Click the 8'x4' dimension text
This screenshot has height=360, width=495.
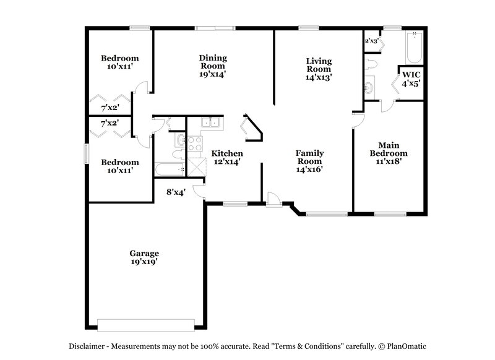[x=176, y=192]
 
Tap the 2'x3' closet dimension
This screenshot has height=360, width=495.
[x=371, y=41]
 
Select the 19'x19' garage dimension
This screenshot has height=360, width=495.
[x=144, y=262]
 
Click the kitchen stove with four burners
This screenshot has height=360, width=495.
[x=196, y=144]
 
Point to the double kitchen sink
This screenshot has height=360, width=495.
[x=211, y=122]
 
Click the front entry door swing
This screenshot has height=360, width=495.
[x=273, y=197]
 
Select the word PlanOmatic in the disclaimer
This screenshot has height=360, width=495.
[x=413, y=346]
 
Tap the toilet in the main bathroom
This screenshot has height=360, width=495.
[x=371, y=64]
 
